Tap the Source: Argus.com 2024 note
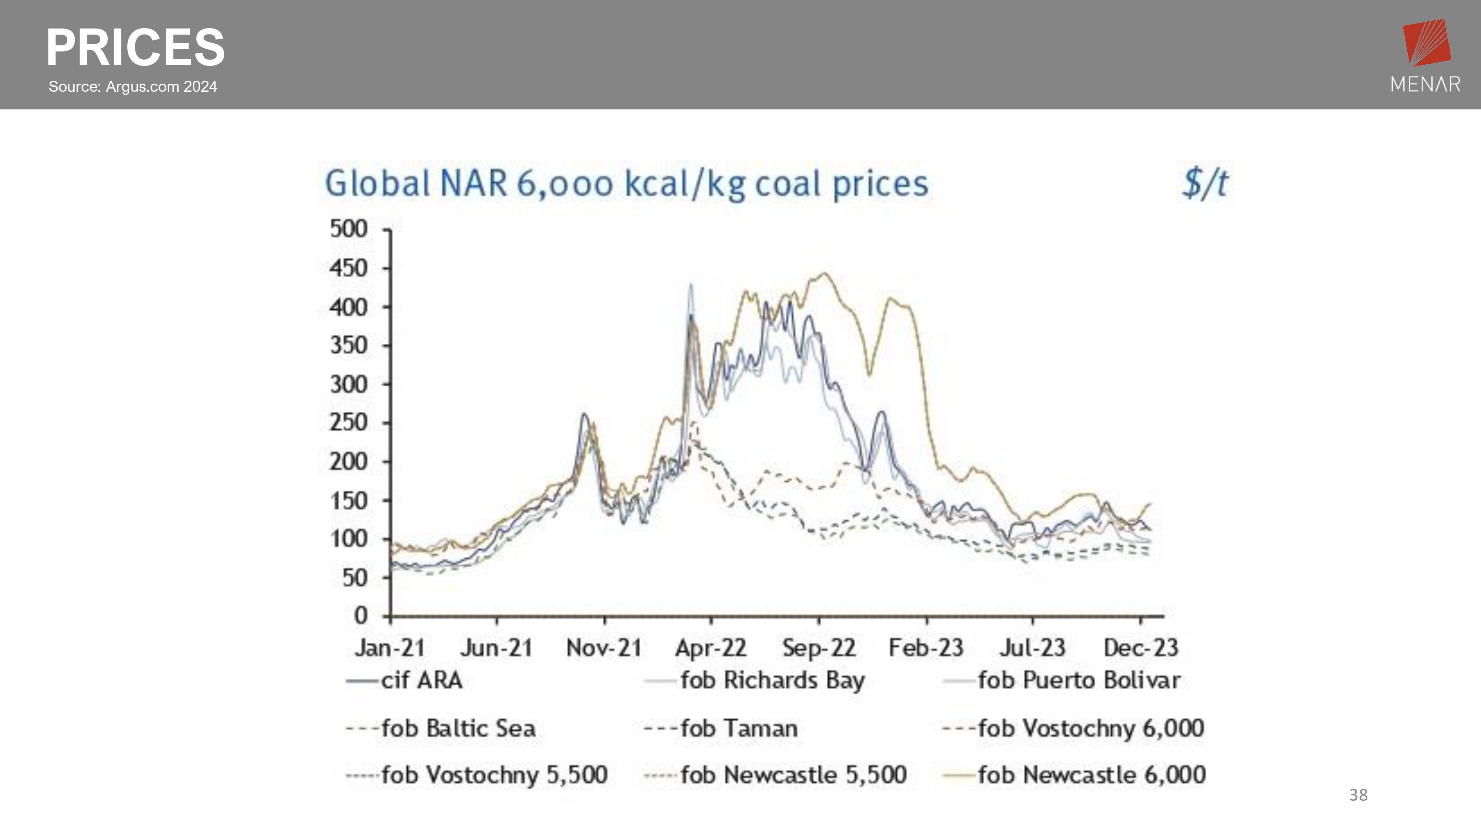click(133, 87)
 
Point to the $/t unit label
click(1205, 183)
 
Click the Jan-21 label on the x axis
click(390, 648)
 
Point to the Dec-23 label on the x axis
click(1141, 648)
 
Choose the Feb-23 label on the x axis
click(926, 648)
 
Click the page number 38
click(1358, 795)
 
